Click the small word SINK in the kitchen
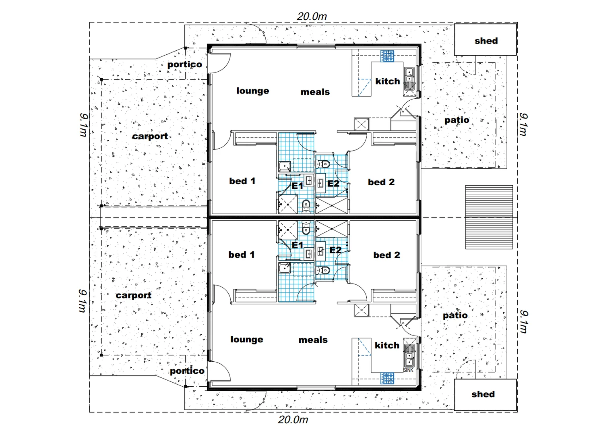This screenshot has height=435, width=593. tap(408, 370)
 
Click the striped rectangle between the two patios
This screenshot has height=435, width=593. tap(489, 217)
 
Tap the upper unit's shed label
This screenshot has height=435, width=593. tap(486, 41)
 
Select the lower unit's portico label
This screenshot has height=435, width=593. tap(187, 371)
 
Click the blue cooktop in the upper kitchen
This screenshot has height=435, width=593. tap(387, 56)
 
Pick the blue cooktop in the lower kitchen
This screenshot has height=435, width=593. tap(387, 378)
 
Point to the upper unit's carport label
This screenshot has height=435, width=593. tap(150, 136)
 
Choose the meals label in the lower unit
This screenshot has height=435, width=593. tap(313, 340)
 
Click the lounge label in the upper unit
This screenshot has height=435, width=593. tap(252, 91)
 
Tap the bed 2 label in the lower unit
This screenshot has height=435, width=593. tap(386, 255)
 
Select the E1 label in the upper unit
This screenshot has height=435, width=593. tap(297, 186)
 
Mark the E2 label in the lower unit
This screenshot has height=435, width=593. tap(335, 250)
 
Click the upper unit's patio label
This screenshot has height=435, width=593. tap(457, 120)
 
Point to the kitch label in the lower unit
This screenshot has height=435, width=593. tap(387, 346)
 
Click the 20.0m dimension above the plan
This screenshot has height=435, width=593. tap(312, 17)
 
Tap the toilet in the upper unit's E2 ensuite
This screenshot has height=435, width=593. tap(323, 164)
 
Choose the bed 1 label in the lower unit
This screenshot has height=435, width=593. tap(242, 255)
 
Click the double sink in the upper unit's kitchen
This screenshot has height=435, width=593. tap(409, 79)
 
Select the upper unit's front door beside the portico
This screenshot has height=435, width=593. tap(219, 63)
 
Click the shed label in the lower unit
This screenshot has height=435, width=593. tap(483, 394)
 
